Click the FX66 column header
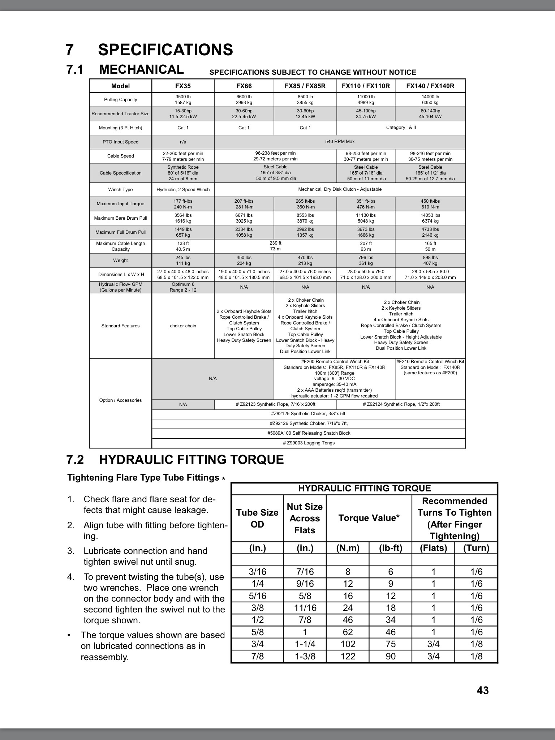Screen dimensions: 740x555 click(x=244, y=86)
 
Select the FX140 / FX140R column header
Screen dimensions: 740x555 click(x=430, y=86)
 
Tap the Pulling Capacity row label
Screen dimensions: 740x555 click(x=120, y=100)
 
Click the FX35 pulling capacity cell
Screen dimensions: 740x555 click(x=183, y=100)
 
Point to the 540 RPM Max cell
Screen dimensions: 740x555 click(x=340, y=142)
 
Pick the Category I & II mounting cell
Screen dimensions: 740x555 click(x=401, y=128)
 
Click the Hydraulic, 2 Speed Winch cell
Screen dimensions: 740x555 click(x=183, y=190)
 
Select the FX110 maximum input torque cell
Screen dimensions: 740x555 click(x=366, y=204)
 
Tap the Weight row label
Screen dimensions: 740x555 click(x=120, y=261)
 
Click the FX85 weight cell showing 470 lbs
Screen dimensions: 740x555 click(x=305, y=261)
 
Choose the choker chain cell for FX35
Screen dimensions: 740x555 click(x=183, y=326)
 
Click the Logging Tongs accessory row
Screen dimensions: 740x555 click(x=309, y=443)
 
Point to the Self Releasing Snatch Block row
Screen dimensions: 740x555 click(x=309, y=433)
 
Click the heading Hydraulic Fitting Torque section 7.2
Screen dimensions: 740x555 click(x=191, y=460)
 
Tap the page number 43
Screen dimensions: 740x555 click(x=482, y=690)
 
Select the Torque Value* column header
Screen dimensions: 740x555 click(x=369, y=518)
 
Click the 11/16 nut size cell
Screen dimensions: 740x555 click(x=305, y=608)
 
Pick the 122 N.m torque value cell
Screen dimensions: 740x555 click(x=348, y=656)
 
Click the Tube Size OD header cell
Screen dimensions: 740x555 click(x=257, y=518)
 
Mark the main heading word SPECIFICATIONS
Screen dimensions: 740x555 click(x=165, y=50)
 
